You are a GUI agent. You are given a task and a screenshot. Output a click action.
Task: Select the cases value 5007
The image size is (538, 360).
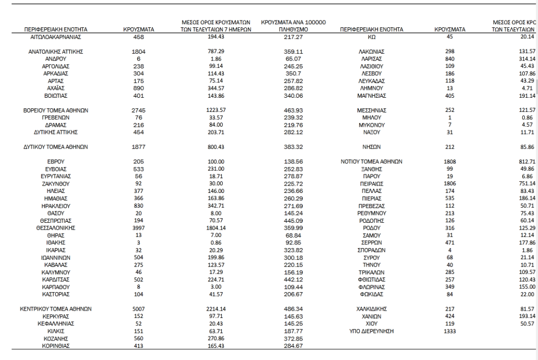pos(138,309)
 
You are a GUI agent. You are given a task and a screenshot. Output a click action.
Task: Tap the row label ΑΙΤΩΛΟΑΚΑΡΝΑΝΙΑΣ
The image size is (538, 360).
pos(56,38)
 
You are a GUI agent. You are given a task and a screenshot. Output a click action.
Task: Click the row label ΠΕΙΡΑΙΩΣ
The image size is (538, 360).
pos(371,184)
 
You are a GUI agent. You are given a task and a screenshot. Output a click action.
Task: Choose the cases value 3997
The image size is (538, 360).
pos(138,228)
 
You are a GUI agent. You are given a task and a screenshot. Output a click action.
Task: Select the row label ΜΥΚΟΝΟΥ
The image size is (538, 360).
pos(371,125)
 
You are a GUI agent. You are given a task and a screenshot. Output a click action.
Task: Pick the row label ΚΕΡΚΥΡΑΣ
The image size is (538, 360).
pos(56,316)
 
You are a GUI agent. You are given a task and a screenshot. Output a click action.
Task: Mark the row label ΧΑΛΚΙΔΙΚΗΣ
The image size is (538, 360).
pos(371,309)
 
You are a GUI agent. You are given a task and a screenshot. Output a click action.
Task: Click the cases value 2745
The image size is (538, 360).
pos(138,110)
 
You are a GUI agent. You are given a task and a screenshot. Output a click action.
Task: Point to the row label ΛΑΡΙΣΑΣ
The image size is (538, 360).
pos(371,59)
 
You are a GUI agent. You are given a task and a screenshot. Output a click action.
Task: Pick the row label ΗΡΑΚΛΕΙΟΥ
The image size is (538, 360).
pos(56,206)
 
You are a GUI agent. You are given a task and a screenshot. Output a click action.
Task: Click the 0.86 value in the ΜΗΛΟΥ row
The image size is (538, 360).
pos(527,118)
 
